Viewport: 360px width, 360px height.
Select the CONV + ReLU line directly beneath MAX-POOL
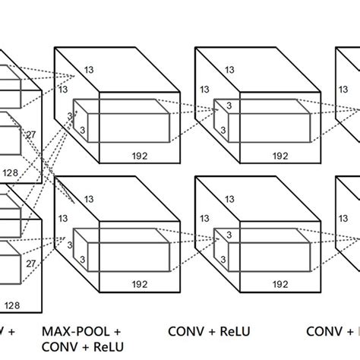coord(84,347)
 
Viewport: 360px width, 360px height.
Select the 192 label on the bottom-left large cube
coord(139,285)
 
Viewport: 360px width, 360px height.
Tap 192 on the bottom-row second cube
coord(280,285)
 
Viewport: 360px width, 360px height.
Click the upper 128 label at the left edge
coord(10,173)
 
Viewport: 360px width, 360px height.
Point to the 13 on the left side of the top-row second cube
coord(203,90)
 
